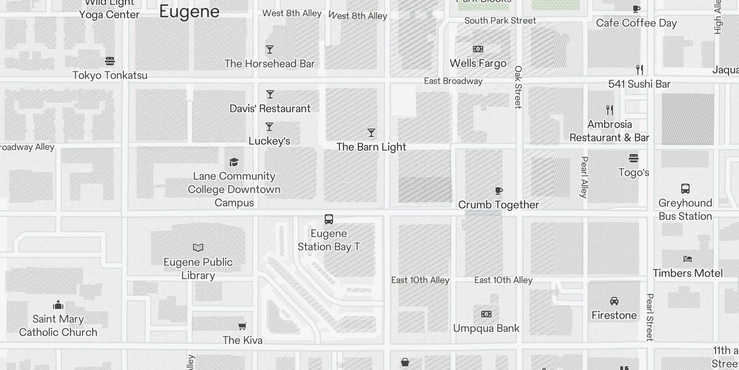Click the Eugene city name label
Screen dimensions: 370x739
189,12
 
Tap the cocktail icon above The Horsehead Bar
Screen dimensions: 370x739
270,49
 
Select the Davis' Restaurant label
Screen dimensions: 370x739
270,108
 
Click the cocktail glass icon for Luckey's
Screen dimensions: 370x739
269,127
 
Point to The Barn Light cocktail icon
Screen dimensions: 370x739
371,133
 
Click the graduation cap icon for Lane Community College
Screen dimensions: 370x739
234,162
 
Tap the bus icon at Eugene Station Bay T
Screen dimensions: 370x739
329,219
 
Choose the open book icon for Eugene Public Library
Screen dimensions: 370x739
198,248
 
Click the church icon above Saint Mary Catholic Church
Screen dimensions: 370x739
58,305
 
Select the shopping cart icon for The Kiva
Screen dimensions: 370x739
242,326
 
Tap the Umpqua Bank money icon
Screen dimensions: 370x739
486,314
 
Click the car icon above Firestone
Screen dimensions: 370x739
614,301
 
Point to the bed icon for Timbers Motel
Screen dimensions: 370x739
688,259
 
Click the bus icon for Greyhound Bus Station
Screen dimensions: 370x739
685,189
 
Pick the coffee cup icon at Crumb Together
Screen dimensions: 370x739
499,191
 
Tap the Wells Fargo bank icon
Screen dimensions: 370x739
478,49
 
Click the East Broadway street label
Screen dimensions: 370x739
453,81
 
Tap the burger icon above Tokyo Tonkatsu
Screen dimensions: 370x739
110,61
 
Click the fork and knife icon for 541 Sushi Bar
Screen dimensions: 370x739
640,70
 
